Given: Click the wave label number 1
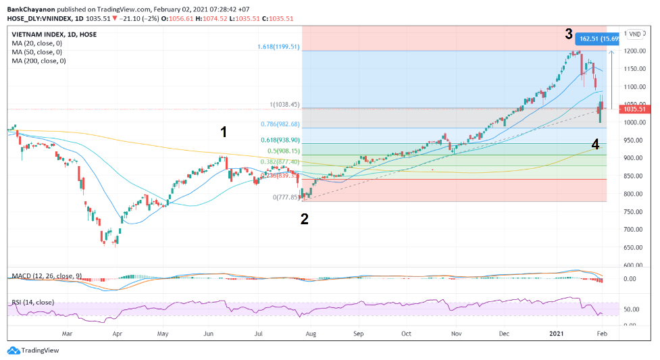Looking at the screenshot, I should click(x=224, y=131).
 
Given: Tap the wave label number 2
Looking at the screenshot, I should click(x=305, y=218).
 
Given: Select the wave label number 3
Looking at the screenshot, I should click(x=569, y=34).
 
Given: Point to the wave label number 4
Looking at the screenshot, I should click(x=595, y=144).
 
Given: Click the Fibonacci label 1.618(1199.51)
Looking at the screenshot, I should click(x=278, y=47).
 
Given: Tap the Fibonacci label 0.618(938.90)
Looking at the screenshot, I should click(x=280, y=140).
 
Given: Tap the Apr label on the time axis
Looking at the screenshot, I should click(x=117, y=334).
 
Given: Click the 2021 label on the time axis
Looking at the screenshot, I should click(x=557, y=334).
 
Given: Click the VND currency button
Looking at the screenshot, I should click(x=636, y=34).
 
